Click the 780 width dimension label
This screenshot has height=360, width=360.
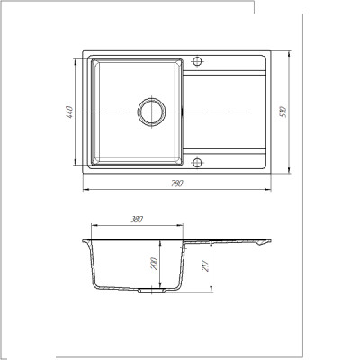(176, 184)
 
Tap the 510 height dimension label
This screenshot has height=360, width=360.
(283, 112)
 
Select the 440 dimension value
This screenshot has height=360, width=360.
(69, 112)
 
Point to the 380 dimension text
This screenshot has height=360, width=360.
(137, 220)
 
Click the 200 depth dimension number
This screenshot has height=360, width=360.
(155, 264)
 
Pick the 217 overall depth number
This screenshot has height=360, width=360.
(205, 265)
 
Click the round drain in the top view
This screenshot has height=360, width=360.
(151, 112)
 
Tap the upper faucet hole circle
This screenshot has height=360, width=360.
(197, 61)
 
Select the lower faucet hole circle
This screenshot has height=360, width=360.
(197, 163)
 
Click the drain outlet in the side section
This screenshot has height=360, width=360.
(151, 291)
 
